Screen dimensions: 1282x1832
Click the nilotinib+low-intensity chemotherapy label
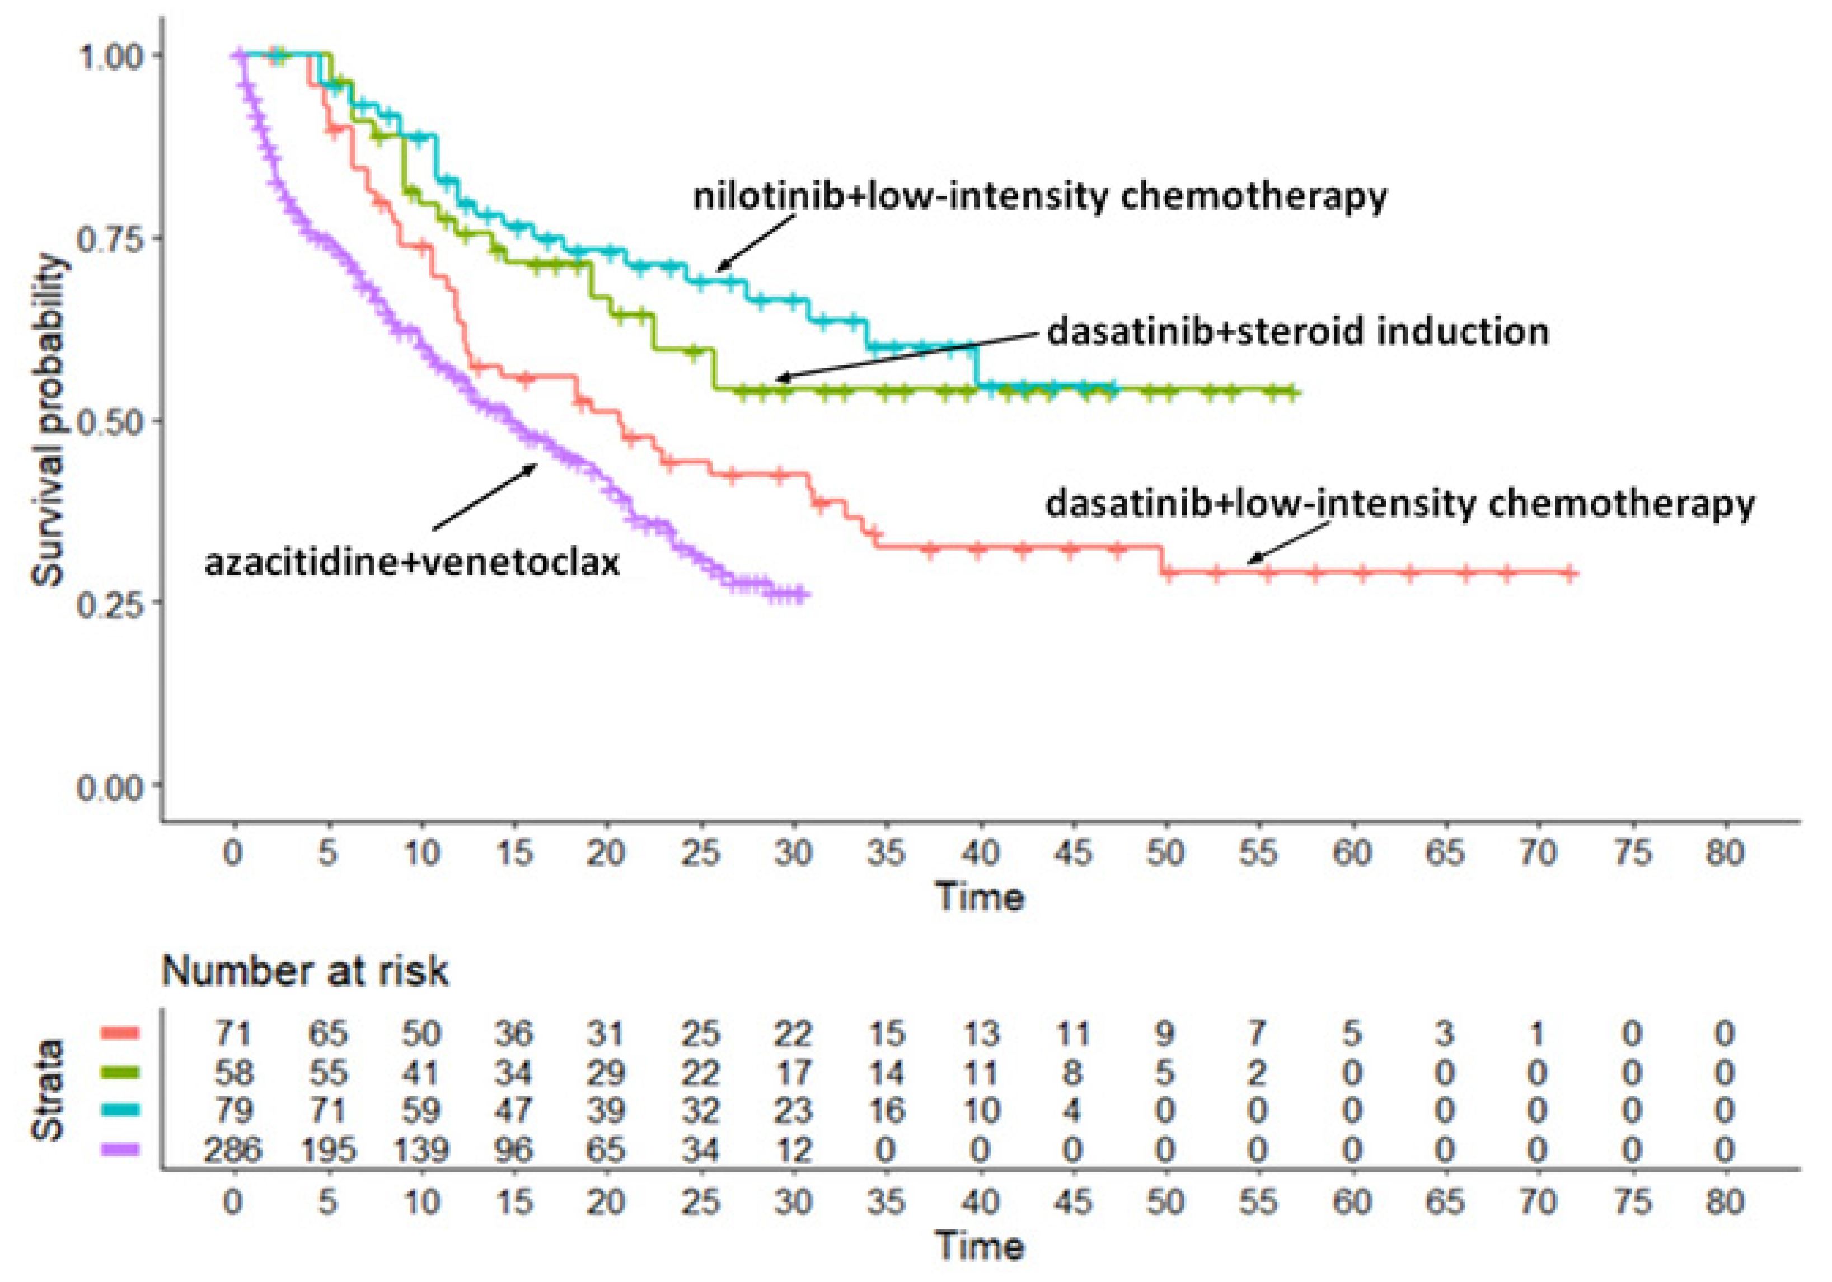click(1039, 197)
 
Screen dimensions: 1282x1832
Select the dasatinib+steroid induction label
click(1297, 332)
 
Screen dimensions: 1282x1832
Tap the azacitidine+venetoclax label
click(412, 563)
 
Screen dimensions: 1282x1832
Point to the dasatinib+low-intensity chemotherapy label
click(1399, 504)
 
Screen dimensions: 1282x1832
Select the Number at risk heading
click(305, 971)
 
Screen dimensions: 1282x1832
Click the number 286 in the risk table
click(233, 1149)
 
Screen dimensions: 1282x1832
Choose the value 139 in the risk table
click(420, 1149)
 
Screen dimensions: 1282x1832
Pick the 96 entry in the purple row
click(513, 1149)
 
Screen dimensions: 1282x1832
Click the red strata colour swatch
click(120, 1033)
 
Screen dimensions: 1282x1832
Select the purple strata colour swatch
click(120, 1149)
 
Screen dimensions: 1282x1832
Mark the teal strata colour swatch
click(120, 1110)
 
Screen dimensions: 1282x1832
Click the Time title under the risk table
click(980, 1246)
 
